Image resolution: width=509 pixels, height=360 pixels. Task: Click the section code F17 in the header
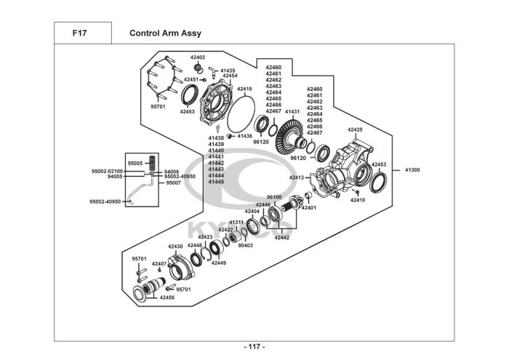coord(79,33)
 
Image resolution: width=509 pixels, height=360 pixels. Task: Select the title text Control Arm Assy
coord(165,33)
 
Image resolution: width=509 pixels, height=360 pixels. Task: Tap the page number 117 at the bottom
coord(254,347)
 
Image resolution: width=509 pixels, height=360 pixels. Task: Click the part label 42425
coord(354,129)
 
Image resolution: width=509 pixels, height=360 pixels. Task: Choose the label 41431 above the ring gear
coord(292,112)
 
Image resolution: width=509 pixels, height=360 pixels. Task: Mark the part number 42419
coord(244,89)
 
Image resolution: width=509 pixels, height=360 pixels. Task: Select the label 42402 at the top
coord(198,57)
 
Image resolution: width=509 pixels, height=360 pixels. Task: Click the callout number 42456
coord(167,297)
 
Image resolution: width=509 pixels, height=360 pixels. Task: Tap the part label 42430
coord(176,247)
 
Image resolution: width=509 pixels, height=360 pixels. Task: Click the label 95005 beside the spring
coord(135,164)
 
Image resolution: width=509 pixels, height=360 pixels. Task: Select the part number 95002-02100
coord(107,171)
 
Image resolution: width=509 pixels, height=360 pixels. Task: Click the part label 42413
coord(297,177)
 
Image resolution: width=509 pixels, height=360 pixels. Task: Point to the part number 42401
coord(310,208)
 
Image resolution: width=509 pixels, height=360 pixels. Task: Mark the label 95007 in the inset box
coord(173,183)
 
